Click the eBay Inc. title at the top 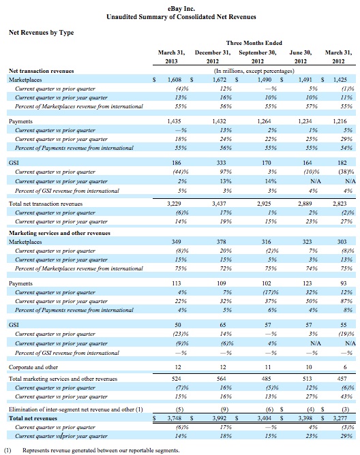point(181,9)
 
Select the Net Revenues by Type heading point(42,33)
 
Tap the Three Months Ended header point(254,43)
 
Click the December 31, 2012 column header point(213,57)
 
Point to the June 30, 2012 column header point(301,57)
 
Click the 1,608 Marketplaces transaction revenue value point(175,80)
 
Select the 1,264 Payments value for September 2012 point(264,121)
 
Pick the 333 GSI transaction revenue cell point(221,163)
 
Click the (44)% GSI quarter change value point(181,172)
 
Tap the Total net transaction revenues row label point(46,204)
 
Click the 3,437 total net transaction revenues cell point(219,204)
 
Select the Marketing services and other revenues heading point(59,233)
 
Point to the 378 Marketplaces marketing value point(221,242)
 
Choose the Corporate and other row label point(33,367)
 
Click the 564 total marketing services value point(221,379)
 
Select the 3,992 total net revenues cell point(220,418)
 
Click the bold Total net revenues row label point(33,418)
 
